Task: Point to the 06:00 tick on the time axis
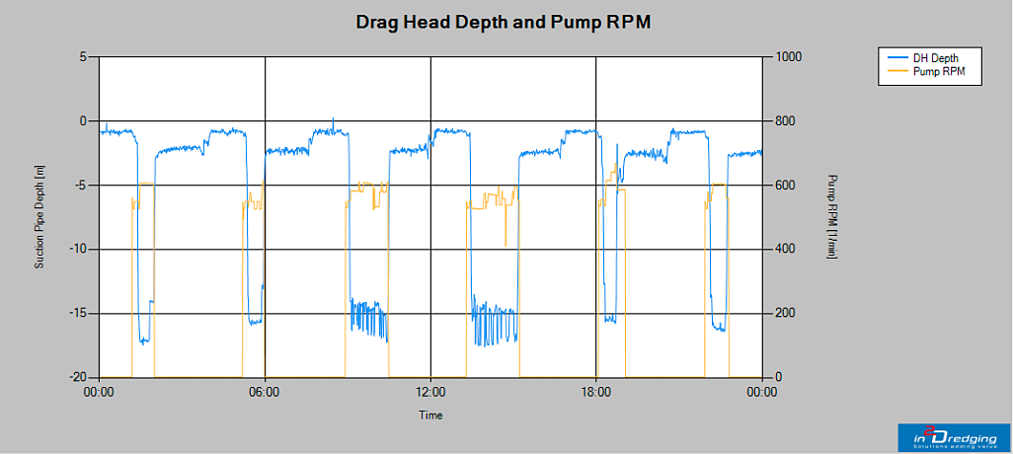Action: point(265,391)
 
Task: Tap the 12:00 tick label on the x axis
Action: point(430,391)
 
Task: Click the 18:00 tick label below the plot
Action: point(595,391)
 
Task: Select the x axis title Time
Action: point(430,416)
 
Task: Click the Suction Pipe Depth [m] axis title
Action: point(40,217)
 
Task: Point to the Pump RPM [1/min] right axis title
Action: point(831,217)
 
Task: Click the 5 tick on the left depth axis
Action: point(85,57)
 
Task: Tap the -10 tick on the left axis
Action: point(80,249)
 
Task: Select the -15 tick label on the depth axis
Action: point(80,313)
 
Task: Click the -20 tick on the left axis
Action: point(80,377)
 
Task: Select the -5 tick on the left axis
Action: point(83,186)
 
